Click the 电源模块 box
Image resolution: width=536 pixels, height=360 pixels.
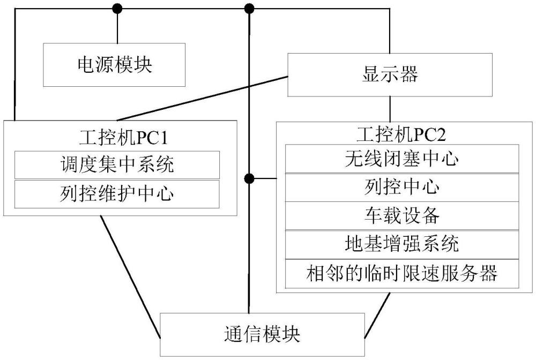tap(115, 65)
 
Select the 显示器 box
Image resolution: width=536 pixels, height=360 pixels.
tap(390, 74)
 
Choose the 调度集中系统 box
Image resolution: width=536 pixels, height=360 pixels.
tap(117, 165)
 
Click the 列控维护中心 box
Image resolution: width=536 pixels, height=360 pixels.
tap(117, 194)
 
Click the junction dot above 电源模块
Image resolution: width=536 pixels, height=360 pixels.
tap(116, 8)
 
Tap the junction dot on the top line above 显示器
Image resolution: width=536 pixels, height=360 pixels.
tap(249, 8)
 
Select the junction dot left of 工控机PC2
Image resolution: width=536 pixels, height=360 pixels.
tap(248, 177)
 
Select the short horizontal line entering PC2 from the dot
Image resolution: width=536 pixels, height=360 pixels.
tap(264, 177)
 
